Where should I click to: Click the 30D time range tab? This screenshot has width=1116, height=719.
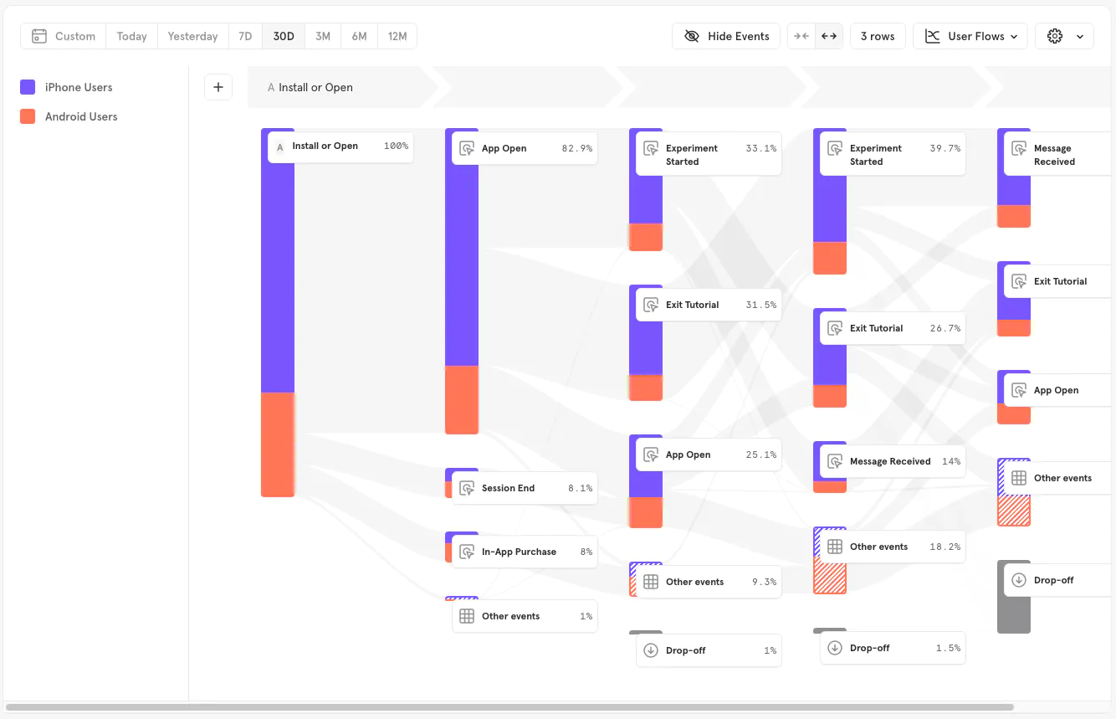click(x=284, y=36)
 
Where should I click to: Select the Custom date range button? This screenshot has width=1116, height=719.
click(x=64, y=36)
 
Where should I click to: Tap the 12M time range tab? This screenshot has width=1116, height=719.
click(x=397, y=36)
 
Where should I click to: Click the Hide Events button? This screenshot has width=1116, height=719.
click(x=726, y=36)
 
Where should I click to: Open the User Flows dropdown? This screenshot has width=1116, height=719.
click(x=970, y=36)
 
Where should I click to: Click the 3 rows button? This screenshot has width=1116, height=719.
click(x=877, y=36)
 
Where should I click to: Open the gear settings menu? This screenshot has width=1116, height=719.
click(x=1063, y=36)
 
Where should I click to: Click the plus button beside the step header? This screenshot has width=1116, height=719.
click(x=218, y=87)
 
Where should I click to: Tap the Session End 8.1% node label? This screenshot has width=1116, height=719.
click(x=525, y=488)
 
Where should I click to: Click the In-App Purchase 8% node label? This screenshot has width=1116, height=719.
click(x=525, y=552)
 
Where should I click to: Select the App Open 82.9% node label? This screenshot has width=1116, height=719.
click(x=525, y=148)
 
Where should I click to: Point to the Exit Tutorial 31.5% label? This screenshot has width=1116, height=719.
click(x=709, y=305)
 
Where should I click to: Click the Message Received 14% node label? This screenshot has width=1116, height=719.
click(x=893, y=461)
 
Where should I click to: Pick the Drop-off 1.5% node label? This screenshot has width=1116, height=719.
click(x=893, y=648)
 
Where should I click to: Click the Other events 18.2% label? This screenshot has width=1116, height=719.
click(x=893, y=547)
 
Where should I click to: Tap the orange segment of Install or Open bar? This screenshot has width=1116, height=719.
click(x=278, y=444)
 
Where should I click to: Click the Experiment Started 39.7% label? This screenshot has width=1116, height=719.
click(x=893, y=155)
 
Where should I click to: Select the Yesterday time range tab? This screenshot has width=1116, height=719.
click(x=192, y=36)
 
